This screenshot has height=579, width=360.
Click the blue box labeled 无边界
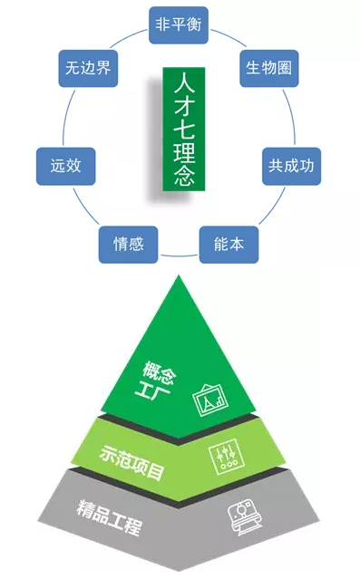click(86, 69)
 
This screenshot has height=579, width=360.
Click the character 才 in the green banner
click(180, 102)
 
